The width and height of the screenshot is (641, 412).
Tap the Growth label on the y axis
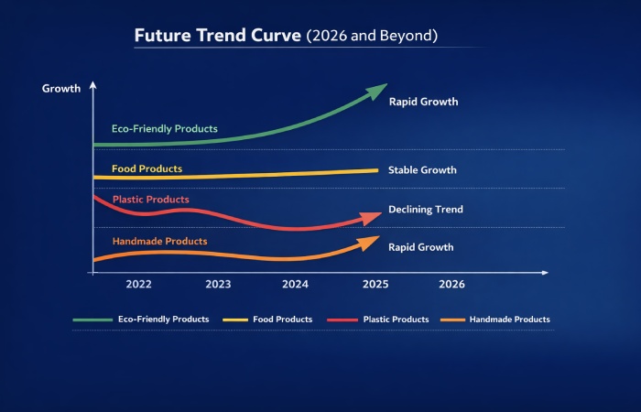[61, 89]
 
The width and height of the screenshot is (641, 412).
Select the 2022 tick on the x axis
[138, 285]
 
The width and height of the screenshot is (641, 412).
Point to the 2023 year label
[218, 285]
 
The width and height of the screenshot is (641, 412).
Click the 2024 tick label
[296, 285]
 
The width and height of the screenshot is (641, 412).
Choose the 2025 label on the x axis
[375, 285]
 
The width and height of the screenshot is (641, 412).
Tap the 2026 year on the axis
[451, 285]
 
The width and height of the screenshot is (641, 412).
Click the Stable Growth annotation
[422, 170]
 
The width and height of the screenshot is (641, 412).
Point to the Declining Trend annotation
[425, 210]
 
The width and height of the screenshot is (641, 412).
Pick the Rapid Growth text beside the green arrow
[423, 102]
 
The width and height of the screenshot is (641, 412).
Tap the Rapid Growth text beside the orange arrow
[420, 247]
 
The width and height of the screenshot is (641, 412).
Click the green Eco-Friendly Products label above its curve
[164, 129]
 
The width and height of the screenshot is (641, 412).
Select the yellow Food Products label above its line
[147, 169]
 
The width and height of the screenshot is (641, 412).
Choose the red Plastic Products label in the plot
[150, 200]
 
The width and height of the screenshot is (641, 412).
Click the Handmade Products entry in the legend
[509, 320]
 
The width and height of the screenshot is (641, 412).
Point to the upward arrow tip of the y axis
[92, 85]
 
